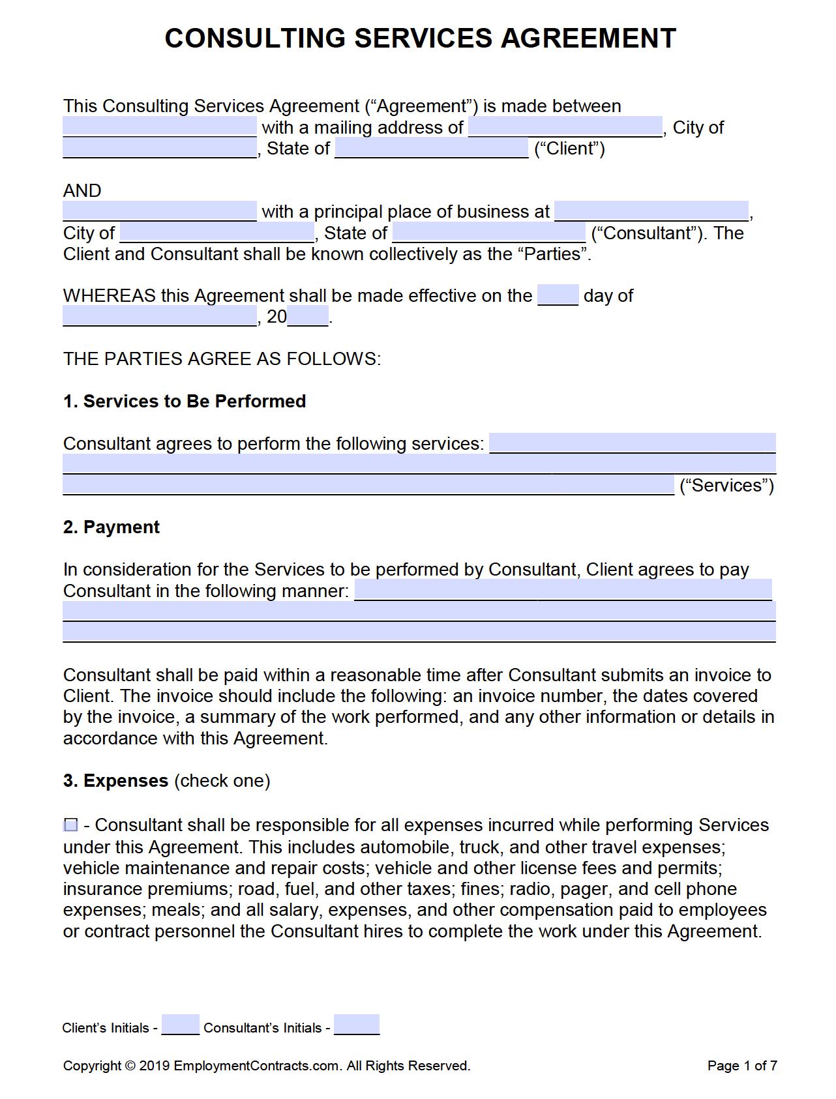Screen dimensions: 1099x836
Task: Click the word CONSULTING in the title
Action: (254, 38)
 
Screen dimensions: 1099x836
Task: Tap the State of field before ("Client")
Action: (431, 148)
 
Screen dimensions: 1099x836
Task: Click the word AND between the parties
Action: (82, 190)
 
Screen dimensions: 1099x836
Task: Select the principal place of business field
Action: (651, 211)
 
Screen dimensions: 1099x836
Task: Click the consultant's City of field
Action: (216, 232)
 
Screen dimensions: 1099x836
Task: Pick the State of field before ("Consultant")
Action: (488, 232)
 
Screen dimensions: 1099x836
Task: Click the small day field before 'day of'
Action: (558, 295)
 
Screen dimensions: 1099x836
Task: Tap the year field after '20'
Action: (308, 316)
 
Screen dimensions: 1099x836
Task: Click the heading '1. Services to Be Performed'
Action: (185, 401)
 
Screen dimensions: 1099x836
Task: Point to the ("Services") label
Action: (726, 486)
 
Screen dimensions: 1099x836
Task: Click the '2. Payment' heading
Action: (112, 527)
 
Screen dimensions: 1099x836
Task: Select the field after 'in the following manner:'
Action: (562, 590)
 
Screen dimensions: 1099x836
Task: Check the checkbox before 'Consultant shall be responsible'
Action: (71, 825)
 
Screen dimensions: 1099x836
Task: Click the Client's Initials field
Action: (180, 1025)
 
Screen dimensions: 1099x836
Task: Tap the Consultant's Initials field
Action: (356, 1025)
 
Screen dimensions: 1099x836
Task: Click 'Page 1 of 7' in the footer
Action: (741, 1066)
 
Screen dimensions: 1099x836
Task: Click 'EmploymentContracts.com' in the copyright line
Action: (256, 1066)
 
